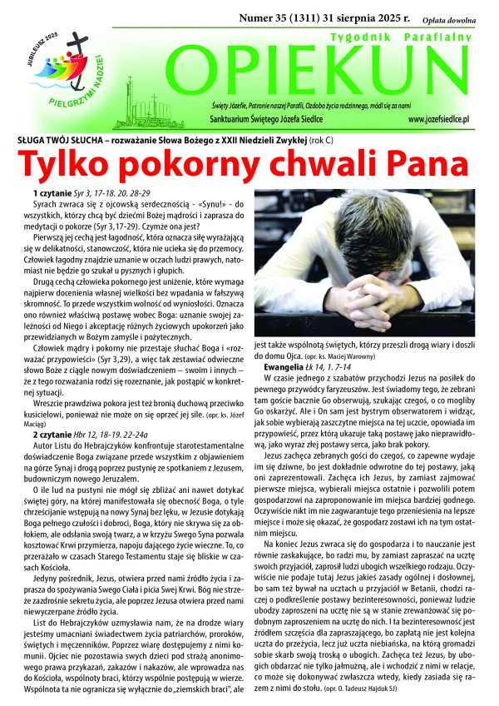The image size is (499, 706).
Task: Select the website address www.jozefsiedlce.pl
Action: (446, 119)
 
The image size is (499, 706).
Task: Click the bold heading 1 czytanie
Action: (53, 193)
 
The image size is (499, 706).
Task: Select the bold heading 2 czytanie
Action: (53, 434)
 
